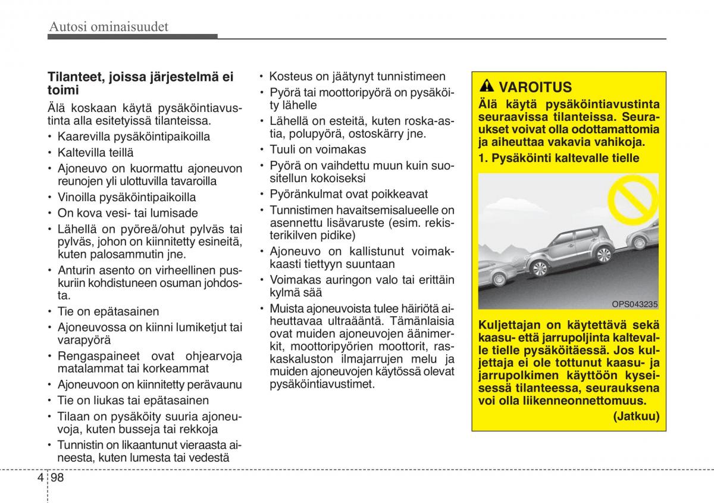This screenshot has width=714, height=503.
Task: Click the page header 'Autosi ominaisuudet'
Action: [x=109, y=27]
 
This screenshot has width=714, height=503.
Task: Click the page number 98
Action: [x=58, y=478]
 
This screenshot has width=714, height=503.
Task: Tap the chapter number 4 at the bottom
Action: [x=39, y=478]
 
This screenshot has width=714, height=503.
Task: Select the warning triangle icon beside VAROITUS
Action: [x=487, y=88]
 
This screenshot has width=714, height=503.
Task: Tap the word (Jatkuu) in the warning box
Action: [x=636, y=416]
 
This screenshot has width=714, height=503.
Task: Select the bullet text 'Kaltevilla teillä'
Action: [x=95, y=152]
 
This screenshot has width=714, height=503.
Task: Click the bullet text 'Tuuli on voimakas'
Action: [x=318, y=149]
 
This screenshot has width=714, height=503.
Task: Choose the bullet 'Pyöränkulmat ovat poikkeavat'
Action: [x=349, y=194]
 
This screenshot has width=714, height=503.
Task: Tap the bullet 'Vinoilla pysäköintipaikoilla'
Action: [x=126, y=197]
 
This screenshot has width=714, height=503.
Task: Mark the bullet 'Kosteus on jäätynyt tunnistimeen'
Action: [x=357, y=76]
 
